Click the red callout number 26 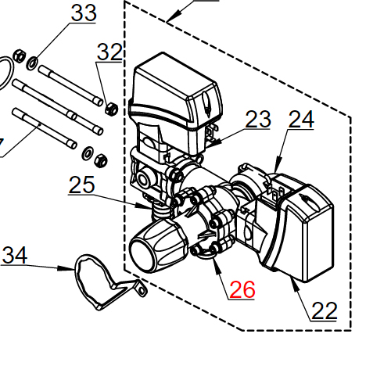tap(242, 289)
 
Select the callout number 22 tap(325, 310)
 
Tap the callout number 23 tap(258, 119)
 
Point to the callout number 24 tap(301, 119)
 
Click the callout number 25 tap(81, 185)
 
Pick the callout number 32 tap(109, 52)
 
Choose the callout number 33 tap(84, 13)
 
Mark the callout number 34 tap(14, 256)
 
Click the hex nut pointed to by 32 tap(112, 109)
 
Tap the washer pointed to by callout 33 tap(32, 63)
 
